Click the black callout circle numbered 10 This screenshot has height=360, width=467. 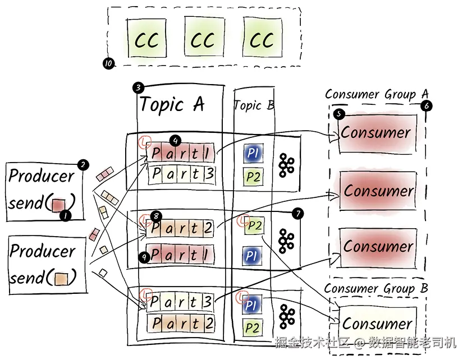tap(108, 63)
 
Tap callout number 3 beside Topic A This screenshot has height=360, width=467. tap(138, 87)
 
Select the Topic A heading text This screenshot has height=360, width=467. tap(172, 105)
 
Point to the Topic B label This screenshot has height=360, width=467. tap(254, 105)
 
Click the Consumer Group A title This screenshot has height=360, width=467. tap(377, 95)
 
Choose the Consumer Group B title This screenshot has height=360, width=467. tap(376, 289)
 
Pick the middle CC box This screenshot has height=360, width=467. tap(204, 39)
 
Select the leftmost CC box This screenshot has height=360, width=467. tap(146, 39)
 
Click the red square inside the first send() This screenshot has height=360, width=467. tap(58, 204)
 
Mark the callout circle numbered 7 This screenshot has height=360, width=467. tap(297, 213)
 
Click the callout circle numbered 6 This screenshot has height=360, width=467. tap(426, 105)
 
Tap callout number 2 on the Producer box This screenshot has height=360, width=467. tap(83, 165)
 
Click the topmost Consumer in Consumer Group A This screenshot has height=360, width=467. tap(377, 133)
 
